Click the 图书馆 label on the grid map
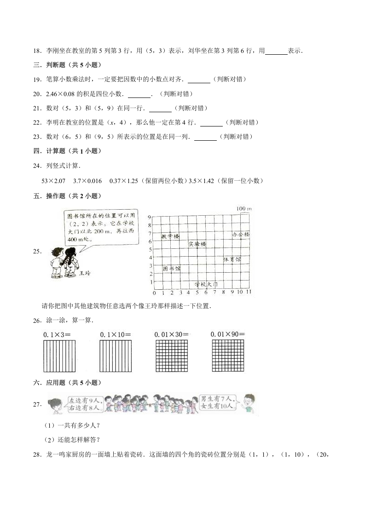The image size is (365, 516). coord(171,268)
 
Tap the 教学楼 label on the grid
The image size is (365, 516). coord(170,236)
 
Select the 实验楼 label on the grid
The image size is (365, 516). coord(197,244)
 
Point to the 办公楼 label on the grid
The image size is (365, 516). coord(240,235)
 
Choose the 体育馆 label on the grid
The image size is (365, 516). coord(232,260)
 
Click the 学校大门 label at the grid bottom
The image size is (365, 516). coord(205,285)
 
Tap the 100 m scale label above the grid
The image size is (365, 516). coord(243,209)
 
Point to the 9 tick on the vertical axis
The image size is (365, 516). coord(150,217)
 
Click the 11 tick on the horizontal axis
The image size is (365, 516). coord(249,292)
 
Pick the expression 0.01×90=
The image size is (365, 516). coord(227,334)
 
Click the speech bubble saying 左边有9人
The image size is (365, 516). coord(83,403)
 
